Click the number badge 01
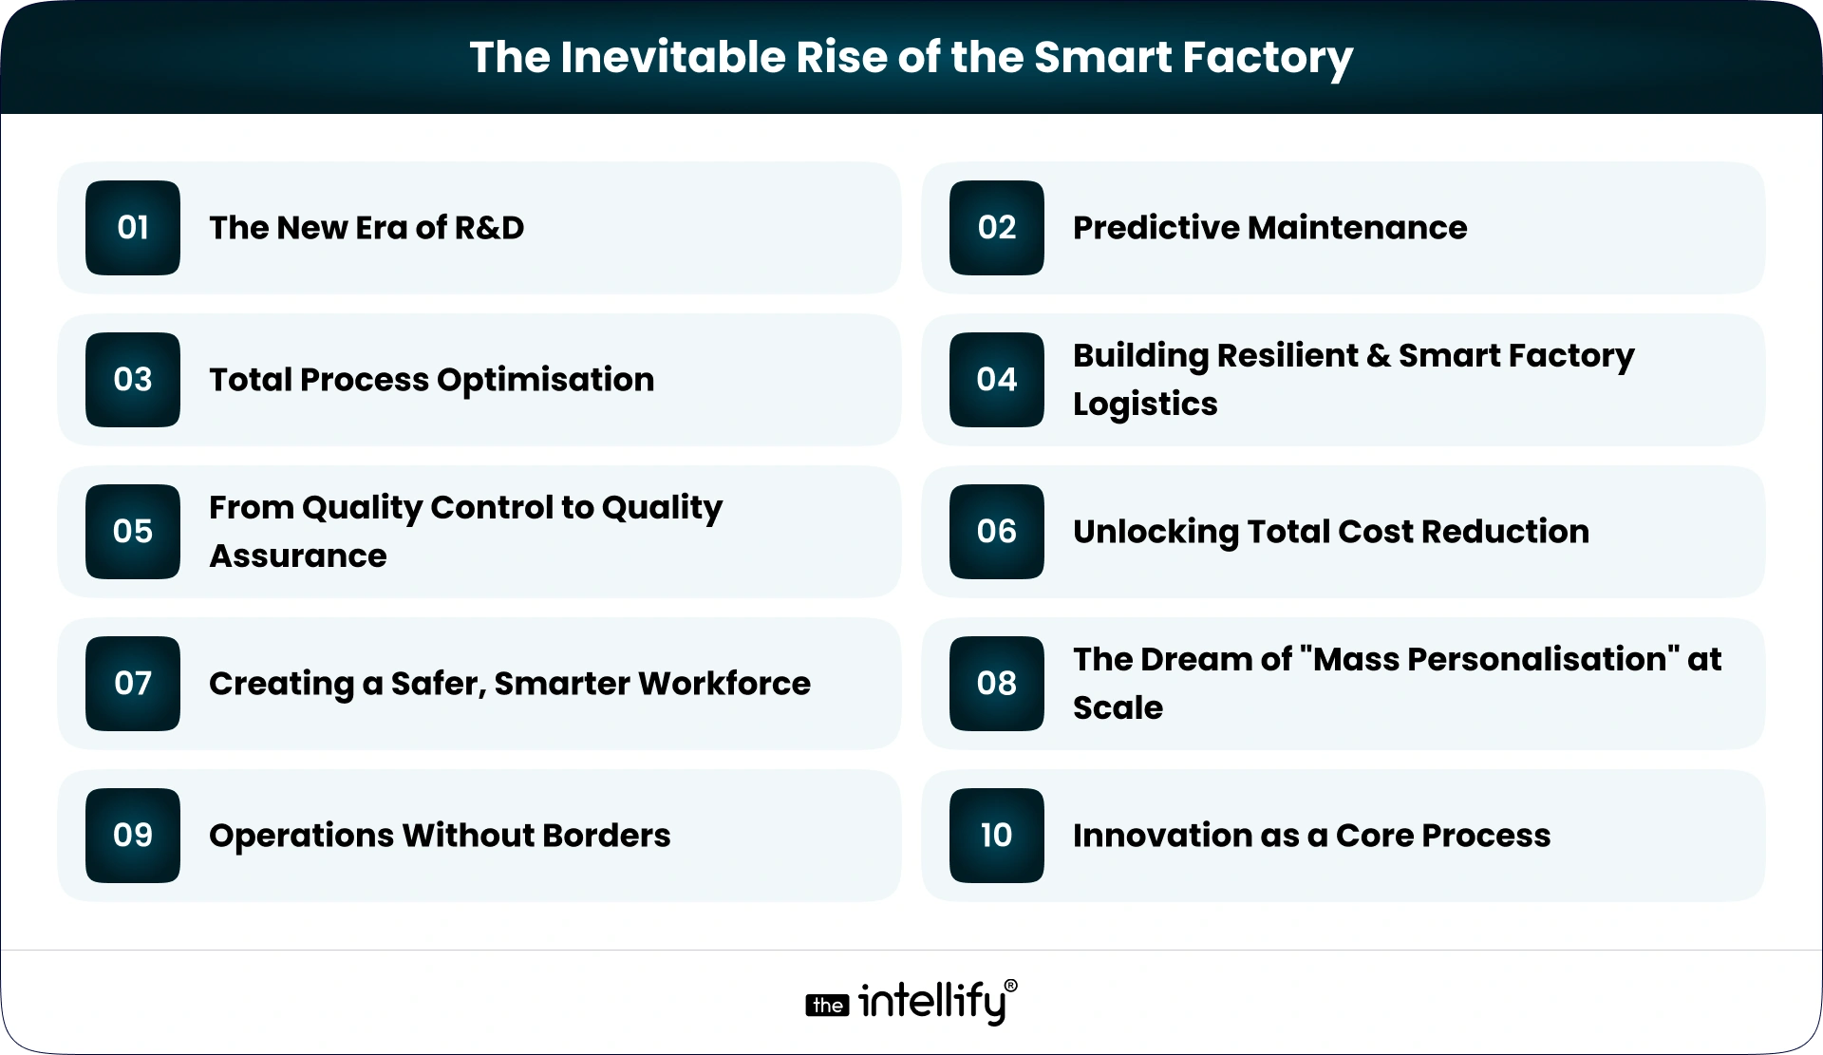click(x=133, y=228)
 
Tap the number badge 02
click(x=996, y=228)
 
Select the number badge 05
click(x=133, y=532)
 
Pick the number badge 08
click(x=996, y=684)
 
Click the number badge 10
click(x=996, y=836)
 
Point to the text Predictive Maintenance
click(x=1269, y=228)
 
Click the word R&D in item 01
click(x=489, y=228)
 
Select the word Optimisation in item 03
click(x=545, y=380)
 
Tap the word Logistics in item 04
click(x=1145, y=405)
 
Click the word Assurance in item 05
click(x=298, y=556)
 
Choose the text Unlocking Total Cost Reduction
click(x=1330, y=532)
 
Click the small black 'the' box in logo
click(x=827, y=1006)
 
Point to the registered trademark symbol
click(x=1010, y=987)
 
